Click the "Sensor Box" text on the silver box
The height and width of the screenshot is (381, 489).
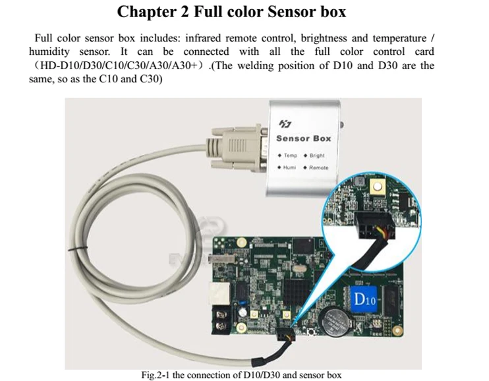point(303,138)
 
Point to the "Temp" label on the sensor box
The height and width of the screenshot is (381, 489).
point(291,156)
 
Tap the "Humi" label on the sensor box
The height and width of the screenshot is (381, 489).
point(290,167)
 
